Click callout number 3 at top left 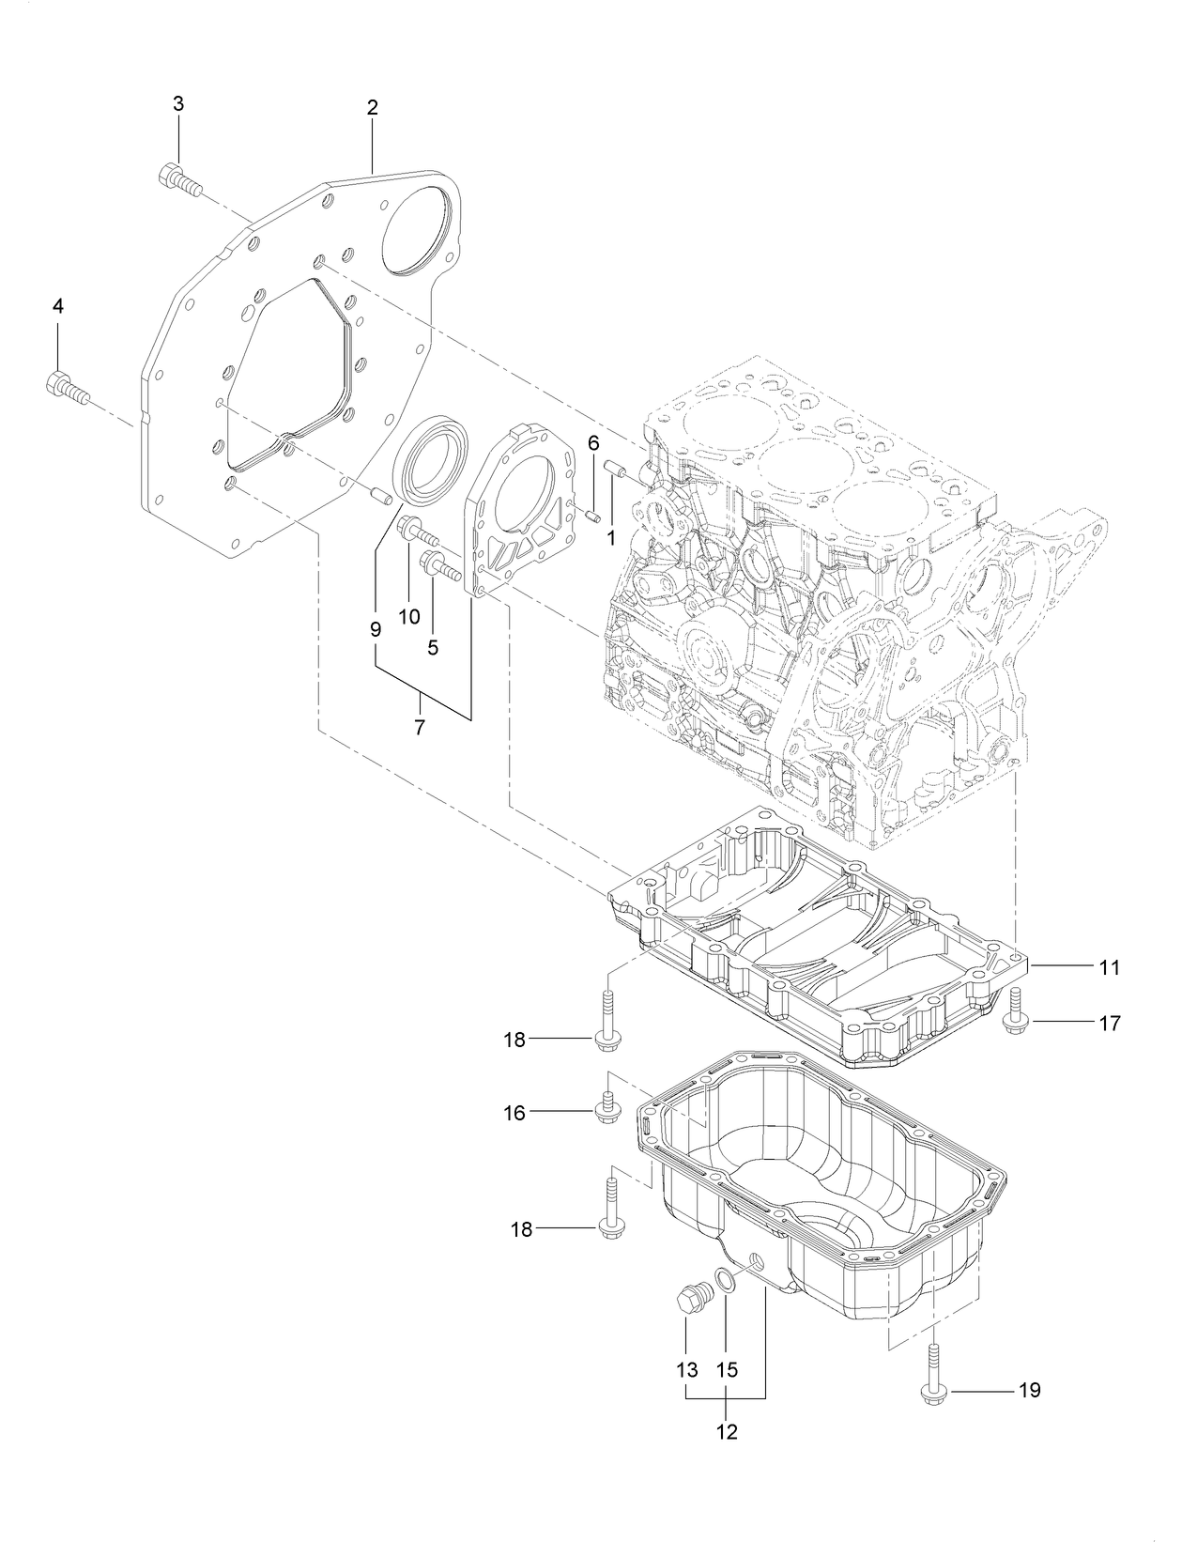[x=178, y=104]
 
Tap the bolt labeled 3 [x=181, y=181]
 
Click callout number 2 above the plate [x=372, y=108]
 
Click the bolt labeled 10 [x=420, y=533]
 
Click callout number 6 [x=593, y=444]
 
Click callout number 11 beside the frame [x=1110, y=966]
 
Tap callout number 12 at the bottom [x=727, y=1432]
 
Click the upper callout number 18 [x=514, y=1040]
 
